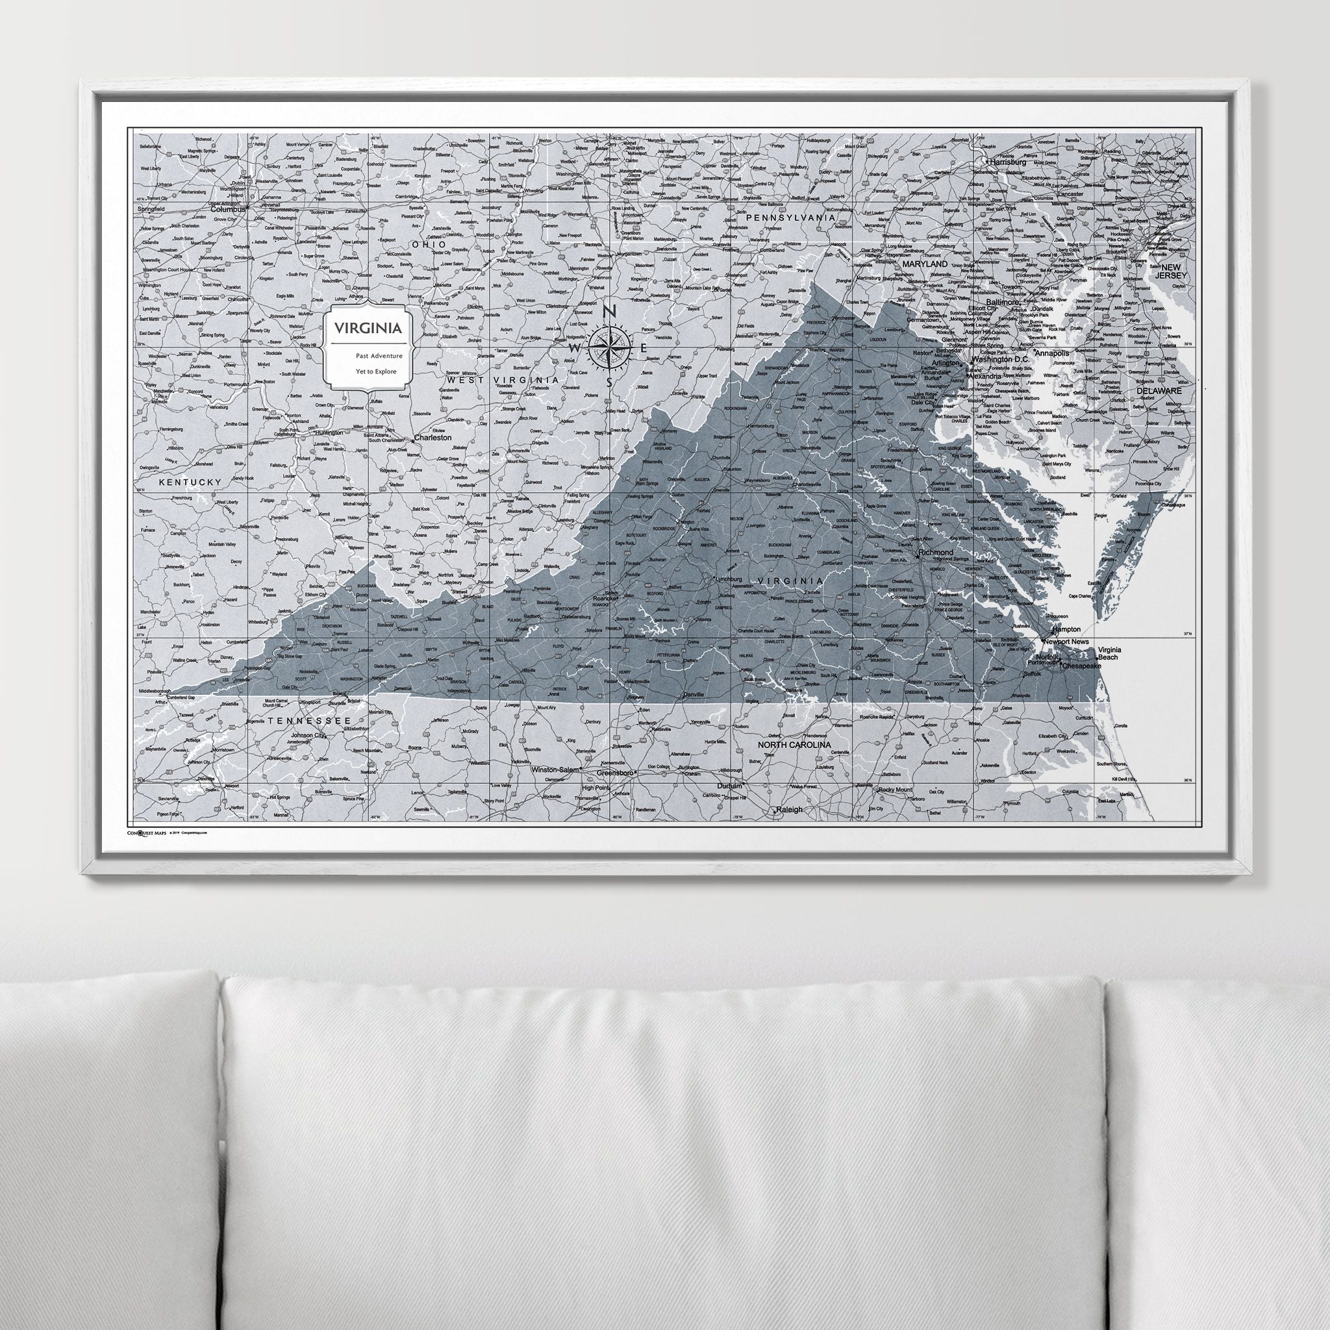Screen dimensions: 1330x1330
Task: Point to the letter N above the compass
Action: point(609,312)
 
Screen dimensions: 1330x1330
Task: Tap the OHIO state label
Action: point(427,244)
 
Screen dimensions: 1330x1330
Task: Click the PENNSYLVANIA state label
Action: point(791,218)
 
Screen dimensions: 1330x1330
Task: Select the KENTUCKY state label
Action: point(190,483)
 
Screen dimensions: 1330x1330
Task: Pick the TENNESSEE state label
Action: point(310,720)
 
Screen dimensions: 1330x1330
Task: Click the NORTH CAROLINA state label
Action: point(794,745)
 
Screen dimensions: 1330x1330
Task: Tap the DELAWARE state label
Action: point(1159,390)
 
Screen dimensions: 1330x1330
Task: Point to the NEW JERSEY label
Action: point(1172,271)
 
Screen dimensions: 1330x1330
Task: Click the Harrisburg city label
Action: point(1009,162)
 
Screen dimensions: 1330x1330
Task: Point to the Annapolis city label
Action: point(1047,353)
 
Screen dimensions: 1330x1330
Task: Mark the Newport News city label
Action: point(1066,642)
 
